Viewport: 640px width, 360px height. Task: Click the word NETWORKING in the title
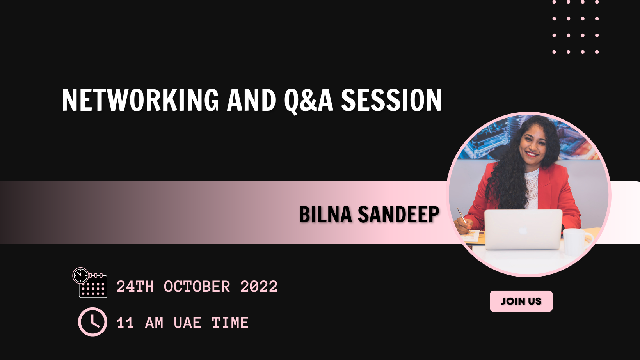click(140, 100)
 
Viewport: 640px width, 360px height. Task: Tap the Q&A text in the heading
click(309, 101)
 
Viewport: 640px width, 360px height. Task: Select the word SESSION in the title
click(391, 100)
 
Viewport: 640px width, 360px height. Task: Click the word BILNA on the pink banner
click(325, 214)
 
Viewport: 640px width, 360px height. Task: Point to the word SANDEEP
click(398, 214)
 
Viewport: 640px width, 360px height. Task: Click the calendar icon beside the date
click(90, 283)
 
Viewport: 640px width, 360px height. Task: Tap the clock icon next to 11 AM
click(92, 322)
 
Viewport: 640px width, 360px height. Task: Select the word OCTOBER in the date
click(197, 286)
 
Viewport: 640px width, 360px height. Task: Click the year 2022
click(259, 286)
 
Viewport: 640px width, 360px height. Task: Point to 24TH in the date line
click(135, 286)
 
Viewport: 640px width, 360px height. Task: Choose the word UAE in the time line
click(187, 323)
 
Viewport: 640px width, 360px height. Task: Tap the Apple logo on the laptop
click(523, 231)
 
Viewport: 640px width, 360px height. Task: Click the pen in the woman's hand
click(464, 220)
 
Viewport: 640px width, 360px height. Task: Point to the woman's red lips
click(532, 154)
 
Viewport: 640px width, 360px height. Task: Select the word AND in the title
click(251, 100)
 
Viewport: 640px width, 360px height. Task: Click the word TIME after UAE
click(230, 323)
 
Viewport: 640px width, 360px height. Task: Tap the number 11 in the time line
click(125, 323)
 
